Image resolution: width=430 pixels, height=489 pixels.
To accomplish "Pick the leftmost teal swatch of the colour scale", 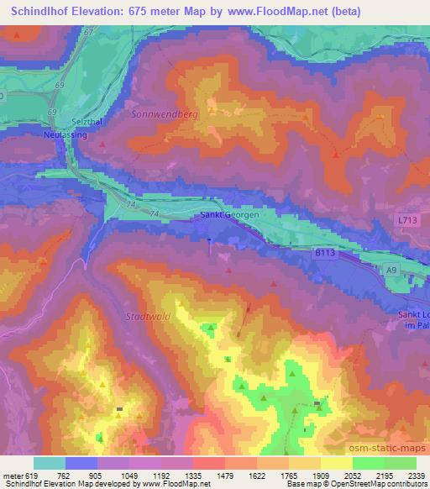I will (50, 462).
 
